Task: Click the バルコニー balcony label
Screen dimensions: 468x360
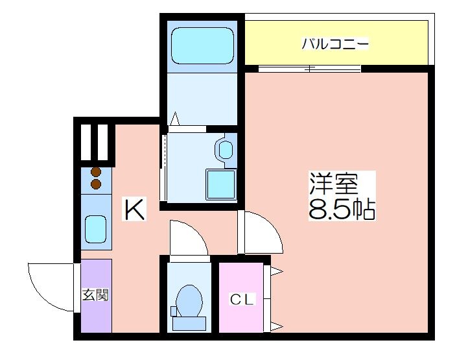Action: click(335, 44)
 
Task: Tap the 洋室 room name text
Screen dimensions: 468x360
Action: click(333, 183)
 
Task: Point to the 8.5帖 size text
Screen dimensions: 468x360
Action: click(342, 209)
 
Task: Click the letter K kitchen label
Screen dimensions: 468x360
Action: click(134, 209)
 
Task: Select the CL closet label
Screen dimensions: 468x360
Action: click(242, 299)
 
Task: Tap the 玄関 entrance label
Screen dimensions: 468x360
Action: click(95, 295)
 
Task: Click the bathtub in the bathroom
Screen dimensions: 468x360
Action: click(202, 45)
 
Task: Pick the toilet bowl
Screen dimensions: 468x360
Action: click(189, 300)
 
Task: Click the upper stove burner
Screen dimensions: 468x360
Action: click(96, 172)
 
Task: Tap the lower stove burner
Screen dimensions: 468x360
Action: click(96, 184)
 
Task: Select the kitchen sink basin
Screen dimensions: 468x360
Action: click(96, 229)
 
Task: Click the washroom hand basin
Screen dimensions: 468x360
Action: click(225, 150)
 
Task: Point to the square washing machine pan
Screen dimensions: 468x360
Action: click(221, 184)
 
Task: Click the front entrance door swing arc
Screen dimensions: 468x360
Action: click(41, 296)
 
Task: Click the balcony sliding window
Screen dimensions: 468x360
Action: click(309, 69)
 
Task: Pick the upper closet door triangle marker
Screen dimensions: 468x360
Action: click(277, 272)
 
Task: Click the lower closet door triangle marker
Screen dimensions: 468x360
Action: click(277, 326)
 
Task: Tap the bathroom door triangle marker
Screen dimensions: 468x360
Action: click(174, 119)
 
